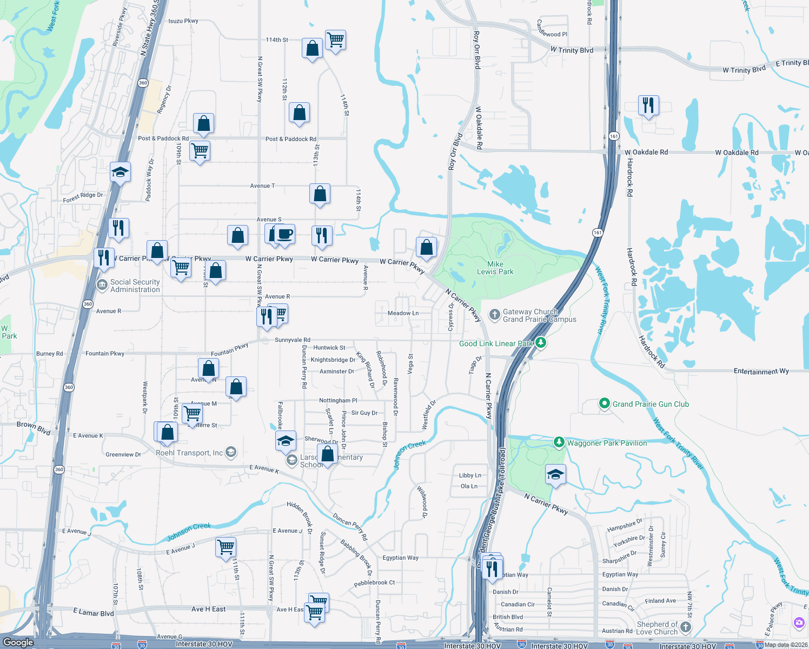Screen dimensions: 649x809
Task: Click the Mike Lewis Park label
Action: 495,268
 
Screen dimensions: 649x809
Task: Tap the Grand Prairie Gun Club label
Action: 650,404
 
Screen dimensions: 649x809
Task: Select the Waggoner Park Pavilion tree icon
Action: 559,442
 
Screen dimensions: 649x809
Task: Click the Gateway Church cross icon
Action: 494,314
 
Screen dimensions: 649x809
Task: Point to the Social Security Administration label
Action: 135,286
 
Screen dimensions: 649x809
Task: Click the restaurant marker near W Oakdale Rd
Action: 648,105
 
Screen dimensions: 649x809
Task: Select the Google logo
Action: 18,642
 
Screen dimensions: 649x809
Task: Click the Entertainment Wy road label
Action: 761,372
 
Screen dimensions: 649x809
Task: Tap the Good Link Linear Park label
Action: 496,343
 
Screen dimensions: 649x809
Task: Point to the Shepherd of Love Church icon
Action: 686,627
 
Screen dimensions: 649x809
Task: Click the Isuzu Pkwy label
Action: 183,21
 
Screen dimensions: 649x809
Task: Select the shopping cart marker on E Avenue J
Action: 226,546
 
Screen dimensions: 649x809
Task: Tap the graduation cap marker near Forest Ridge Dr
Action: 120,172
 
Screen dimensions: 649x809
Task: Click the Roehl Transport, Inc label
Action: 189,453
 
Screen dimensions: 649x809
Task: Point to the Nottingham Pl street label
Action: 338,401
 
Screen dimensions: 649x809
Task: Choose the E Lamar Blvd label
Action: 94,612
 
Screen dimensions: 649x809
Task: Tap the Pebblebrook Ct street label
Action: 374,583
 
